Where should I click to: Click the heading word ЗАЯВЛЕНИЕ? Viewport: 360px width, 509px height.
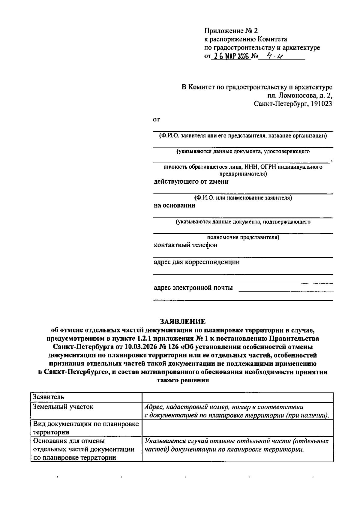click(183, 322)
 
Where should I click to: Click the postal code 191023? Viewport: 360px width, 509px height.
click(321, 104)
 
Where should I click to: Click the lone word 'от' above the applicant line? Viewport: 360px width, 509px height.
click(157, 120)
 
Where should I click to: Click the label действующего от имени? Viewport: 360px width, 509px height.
click(191, 182)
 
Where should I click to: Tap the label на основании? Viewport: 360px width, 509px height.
click(174, 206)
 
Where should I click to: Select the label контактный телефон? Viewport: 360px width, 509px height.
click(185, 245)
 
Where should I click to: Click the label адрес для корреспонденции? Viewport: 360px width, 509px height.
click(196, 262)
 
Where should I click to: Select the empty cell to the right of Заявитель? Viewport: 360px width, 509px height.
click(237, 397)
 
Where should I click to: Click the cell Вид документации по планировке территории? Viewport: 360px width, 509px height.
click(86, 428)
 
